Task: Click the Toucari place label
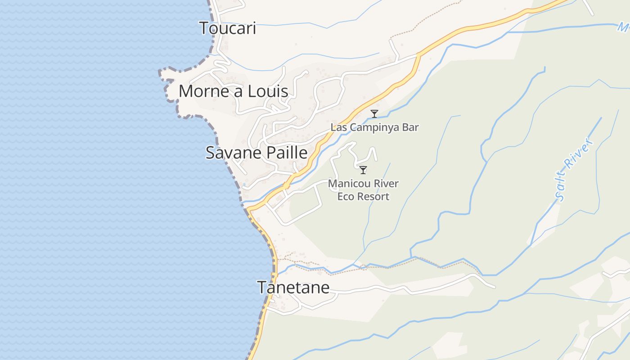pos(227,28)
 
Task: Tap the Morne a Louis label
pos(233,91)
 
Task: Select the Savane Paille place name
pos(256,153)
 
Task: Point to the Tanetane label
pos(293,287)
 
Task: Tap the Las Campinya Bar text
pos(374,127)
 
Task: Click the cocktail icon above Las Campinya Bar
pos(374,114)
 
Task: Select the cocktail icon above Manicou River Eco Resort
pos(363,170)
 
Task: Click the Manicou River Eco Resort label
pos(363,190)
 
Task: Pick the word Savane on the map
pos(233,153)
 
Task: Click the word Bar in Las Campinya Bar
pos(411,127)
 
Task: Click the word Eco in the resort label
pos(346,196)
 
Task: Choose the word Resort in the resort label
pos(373,196)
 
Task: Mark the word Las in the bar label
pos(338,127)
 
